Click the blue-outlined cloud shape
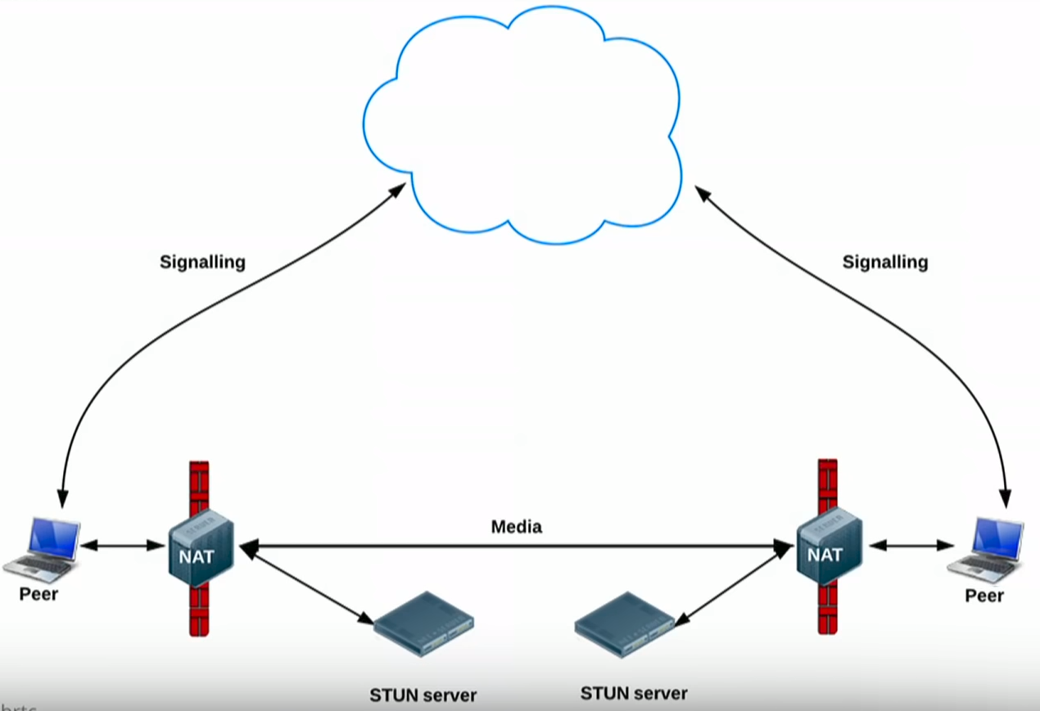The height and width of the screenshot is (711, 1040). pyautogui.click(x=524, y=123)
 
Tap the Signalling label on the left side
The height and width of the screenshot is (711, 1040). pyautogui.click(x=202, y=263)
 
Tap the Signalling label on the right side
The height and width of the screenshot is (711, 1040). pyautogui.click(x=885, y=263)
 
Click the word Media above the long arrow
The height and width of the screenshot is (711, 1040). pyautogui.click(x=516, y=527)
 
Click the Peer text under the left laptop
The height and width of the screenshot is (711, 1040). pyautogui.click(x=38, y=593)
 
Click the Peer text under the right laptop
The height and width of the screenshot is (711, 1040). pyautogui.click(x=983, y=596)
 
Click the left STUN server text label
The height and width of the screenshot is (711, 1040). pyautogui.click(x=423, y=695)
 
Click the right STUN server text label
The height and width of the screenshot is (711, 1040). pyautogui.click(x=634, y=694)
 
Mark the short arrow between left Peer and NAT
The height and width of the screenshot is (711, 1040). pyautogui.click(x=123, y=545)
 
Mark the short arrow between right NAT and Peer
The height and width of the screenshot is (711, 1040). pyautogui.click(x=911, y=545)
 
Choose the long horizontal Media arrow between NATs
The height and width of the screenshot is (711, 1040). pyautogui.click(x=516, y=545)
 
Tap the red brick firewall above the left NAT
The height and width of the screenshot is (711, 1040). pyautogui.click(x=199, y=487)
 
